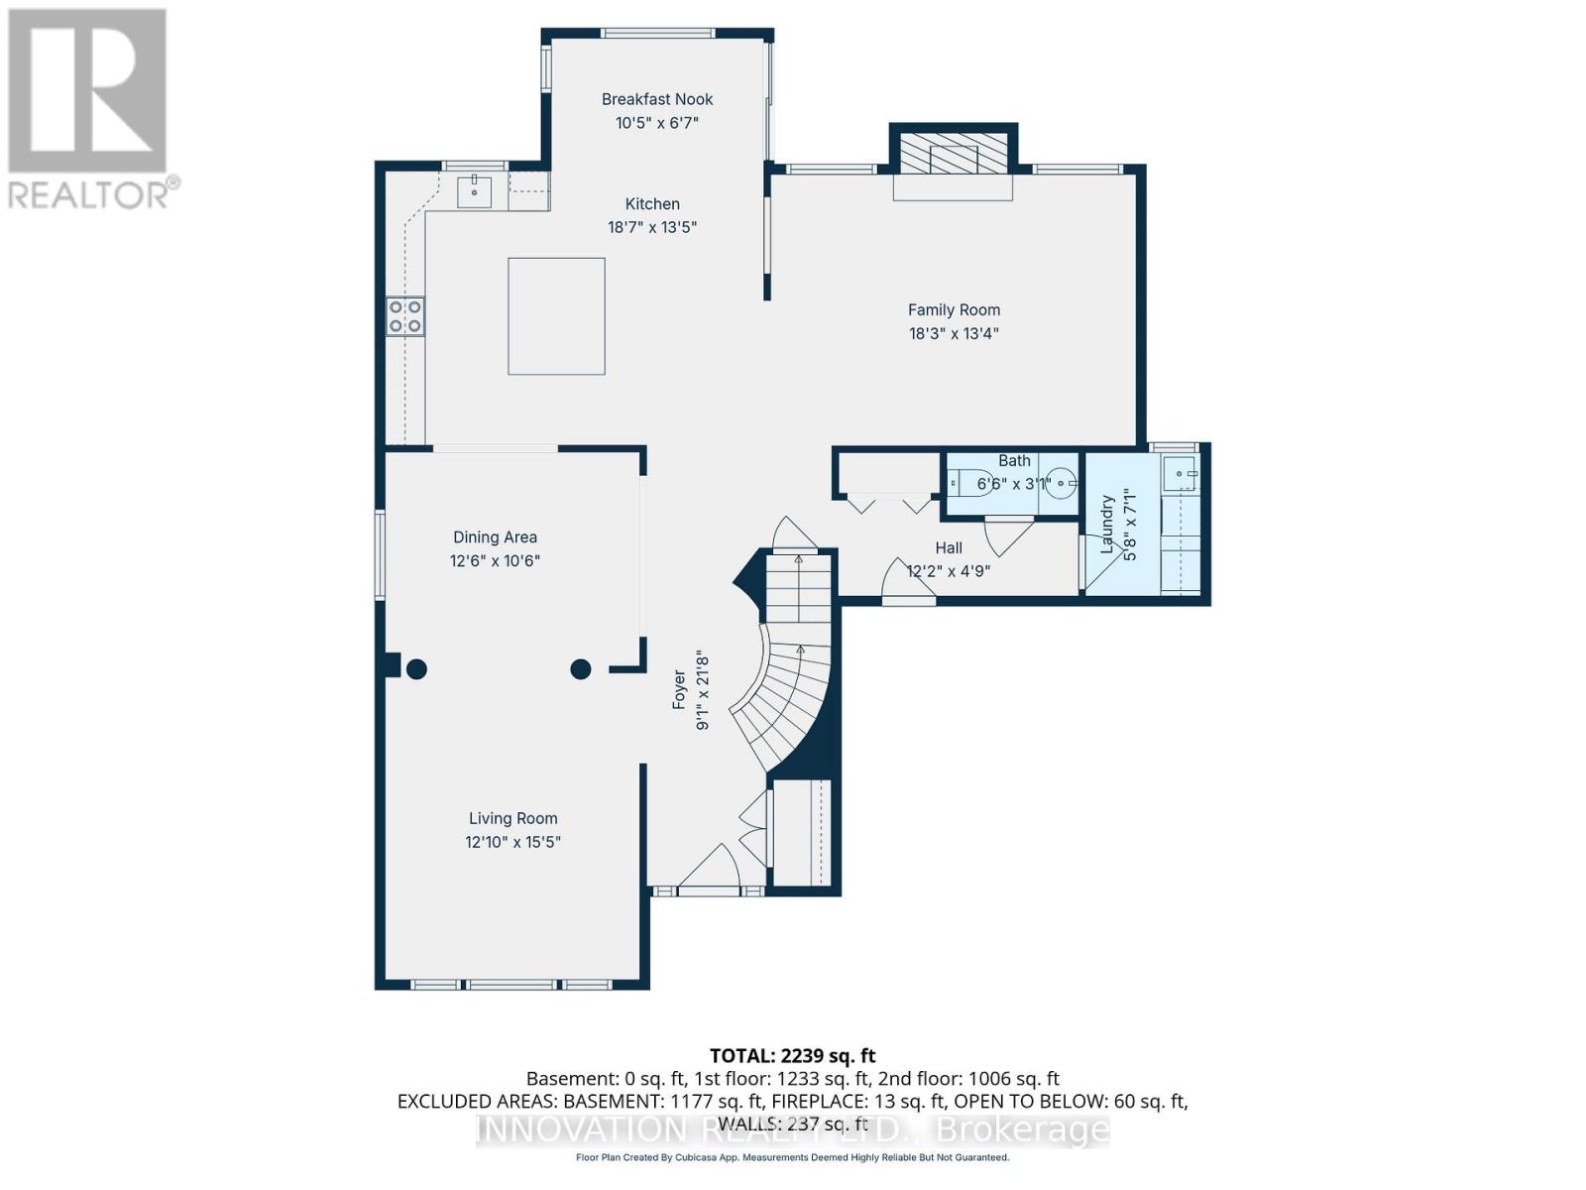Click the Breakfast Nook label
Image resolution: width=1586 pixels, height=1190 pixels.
657,99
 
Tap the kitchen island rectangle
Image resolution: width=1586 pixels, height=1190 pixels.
556,316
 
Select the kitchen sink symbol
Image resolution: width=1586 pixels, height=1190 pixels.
474,190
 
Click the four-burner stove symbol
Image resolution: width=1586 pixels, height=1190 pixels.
405,316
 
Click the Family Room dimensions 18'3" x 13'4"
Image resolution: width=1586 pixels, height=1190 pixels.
954,334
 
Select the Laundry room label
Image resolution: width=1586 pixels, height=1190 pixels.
1108,524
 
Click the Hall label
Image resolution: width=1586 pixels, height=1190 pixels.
949,547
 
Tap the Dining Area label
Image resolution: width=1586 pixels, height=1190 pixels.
495,537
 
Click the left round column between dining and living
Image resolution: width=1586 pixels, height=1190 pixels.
416,669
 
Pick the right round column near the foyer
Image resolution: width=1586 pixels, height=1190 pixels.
581,669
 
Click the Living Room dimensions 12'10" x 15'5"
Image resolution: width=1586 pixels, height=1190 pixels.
512,842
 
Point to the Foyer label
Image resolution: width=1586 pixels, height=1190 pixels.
680,689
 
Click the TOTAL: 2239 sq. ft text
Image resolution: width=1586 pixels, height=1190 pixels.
792,1056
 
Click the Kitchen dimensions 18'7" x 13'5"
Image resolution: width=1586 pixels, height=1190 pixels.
652,227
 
